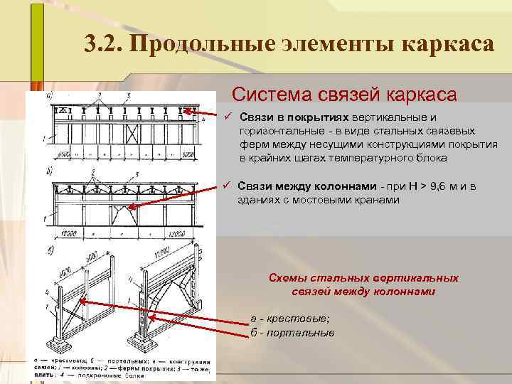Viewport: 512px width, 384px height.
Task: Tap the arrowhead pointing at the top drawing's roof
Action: (188, 110)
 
